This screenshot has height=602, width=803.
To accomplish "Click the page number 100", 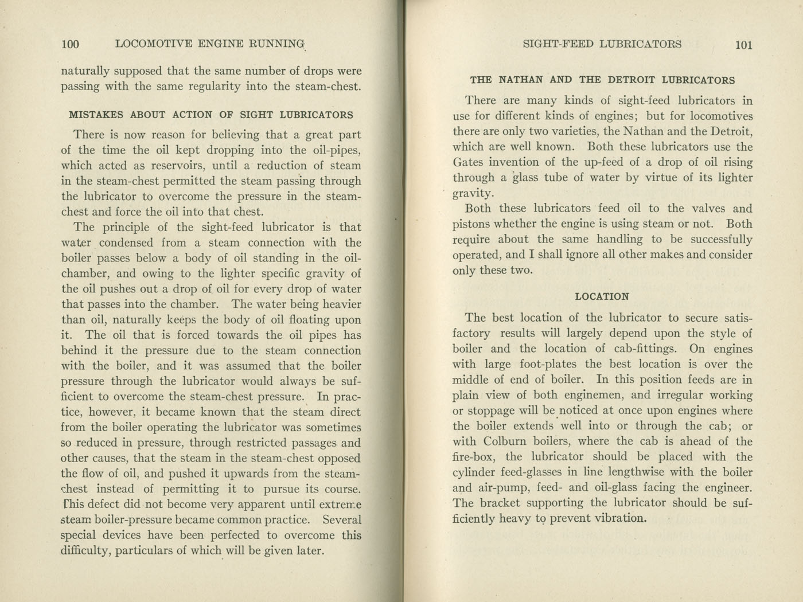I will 70,44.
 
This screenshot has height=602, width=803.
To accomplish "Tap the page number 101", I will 743,45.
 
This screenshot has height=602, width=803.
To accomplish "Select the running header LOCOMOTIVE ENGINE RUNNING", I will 210,44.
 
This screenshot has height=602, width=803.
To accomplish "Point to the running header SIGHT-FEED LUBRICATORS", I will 602,44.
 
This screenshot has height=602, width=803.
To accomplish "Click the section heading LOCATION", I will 602,296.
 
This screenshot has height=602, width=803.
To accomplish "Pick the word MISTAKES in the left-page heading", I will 96,115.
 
